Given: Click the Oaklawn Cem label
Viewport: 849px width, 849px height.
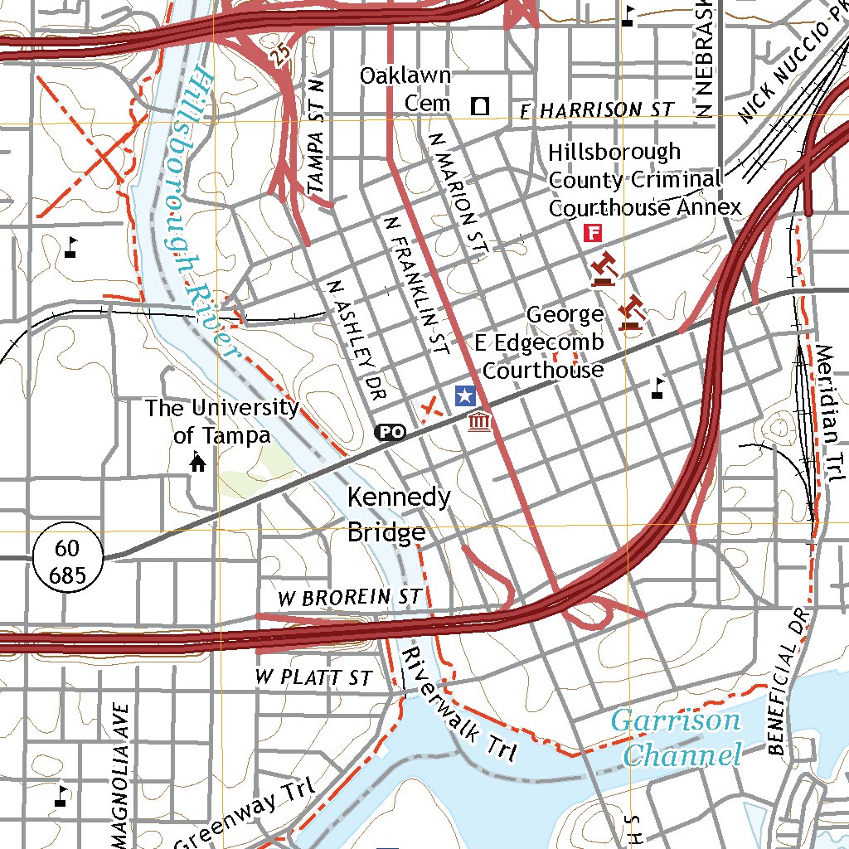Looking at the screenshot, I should point(405,90).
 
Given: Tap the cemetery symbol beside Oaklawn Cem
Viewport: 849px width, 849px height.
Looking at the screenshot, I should point(479,105).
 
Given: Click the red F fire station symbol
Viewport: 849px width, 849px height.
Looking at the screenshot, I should point(592,232).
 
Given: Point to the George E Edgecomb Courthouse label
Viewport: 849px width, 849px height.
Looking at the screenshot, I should point(543,342).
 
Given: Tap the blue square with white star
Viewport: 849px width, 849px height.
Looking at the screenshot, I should point(466,396).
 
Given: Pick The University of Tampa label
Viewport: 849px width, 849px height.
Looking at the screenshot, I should point(222,421).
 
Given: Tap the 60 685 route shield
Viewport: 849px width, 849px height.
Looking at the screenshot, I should point(68,561).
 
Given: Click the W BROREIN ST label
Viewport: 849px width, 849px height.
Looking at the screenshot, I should point(349,597).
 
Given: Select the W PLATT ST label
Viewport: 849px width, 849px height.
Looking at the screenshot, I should point(313,677).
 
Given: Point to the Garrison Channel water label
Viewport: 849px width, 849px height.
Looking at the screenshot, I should point(677,737).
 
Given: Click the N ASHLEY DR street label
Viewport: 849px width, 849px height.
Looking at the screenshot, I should point(357,340).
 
